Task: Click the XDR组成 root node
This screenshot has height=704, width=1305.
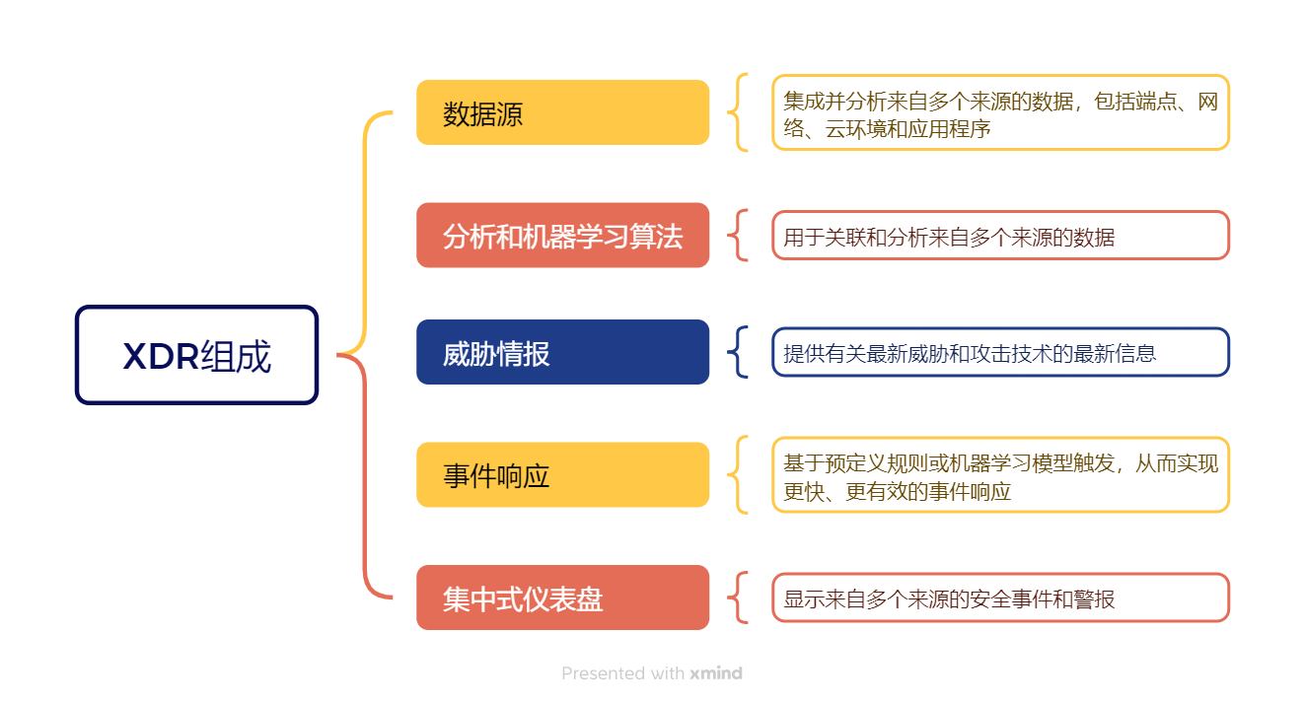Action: click(196, 355)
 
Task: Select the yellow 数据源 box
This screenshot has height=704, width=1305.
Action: click(562, 113)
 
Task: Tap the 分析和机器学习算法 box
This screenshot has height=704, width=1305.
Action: click(562, 236)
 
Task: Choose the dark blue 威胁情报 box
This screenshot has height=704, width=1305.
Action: click(562, 352)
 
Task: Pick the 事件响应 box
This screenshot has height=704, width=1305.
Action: click(562, 475)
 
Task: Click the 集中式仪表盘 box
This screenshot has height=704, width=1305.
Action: click(562, 598)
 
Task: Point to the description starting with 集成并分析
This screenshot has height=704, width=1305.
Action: click(1000, 113)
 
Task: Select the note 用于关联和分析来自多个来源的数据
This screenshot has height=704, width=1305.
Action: click(1000, 237)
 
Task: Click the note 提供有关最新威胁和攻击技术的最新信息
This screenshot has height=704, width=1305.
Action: click(1000, 353)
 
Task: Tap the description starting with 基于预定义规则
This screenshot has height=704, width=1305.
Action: click(1000, 475)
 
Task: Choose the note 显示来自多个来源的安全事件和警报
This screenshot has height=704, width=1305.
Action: click(1000, 598)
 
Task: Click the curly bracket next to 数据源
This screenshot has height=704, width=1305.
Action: click(738, 112)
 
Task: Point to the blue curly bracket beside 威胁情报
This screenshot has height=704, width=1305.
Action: click(738, 352)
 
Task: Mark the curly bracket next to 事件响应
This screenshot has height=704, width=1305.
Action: click(738, 475)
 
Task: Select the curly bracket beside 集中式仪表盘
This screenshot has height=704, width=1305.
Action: click(738, 598)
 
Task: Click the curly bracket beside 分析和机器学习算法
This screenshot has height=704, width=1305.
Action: click(738, 236)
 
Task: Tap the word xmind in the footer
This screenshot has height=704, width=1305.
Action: click(716, 674)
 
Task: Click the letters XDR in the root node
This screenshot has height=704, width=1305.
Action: click(161, 356)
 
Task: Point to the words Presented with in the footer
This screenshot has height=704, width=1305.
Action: click(622, 674)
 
